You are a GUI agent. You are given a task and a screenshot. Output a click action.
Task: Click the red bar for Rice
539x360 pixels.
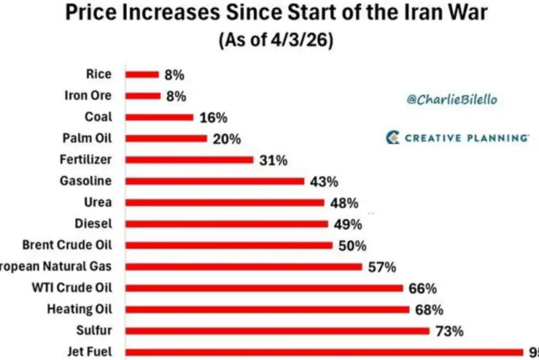point(141,74)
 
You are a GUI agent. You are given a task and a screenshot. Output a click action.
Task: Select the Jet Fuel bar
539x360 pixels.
point(323,352)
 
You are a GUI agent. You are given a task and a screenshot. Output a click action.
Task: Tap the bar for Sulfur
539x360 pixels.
point(277,330)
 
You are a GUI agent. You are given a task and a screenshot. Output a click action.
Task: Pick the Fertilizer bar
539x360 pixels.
point(189,160)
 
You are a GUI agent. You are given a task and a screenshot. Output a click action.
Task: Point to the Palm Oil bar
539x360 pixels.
point(166,138)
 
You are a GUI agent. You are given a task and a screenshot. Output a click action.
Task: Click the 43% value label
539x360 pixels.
point(324,181)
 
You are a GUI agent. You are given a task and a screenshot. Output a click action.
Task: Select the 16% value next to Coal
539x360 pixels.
point(213,117)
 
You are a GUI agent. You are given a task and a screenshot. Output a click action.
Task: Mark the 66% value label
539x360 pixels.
point(422,289)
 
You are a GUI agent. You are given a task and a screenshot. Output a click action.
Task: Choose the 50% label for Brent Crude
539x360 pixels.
point(352,245)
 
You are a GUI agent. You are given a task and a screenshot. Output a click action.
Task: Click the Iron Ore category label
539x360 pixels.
point(88,95)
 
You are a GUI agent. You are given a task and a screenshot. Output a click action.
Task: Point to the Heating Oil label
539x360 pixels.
point(79,309)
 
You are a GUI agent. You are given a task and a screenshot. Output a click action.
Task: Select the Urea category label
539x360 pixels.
point(98,202)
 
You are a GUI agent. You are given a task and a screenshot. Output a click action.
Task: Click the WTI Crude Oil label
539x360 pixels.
point(72,288)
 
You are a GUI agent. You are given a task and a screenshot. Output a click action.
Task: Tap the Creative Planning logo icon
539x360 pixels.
point(393,138)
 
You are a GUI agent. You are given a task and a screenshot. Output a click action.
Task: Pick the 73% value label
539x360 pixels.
point(449,331)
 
